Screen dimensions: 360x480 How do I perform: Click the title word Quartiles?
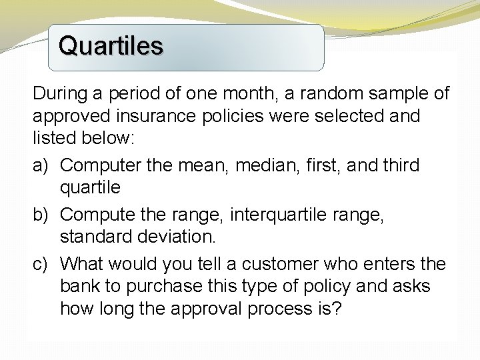(x=110, y=46)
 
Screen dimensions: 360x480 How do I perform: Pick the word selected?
(x=345, y=117)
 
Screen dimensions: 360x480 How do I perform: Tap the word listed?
(x=54, y=140)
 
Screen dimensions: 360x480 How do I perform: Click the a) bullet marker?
(x=42, y=164)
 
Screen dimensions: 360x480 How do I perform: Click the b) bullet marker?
(x=42, y=215)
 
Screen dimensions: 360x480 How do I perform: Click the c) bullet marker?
(x=42, y=265)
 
